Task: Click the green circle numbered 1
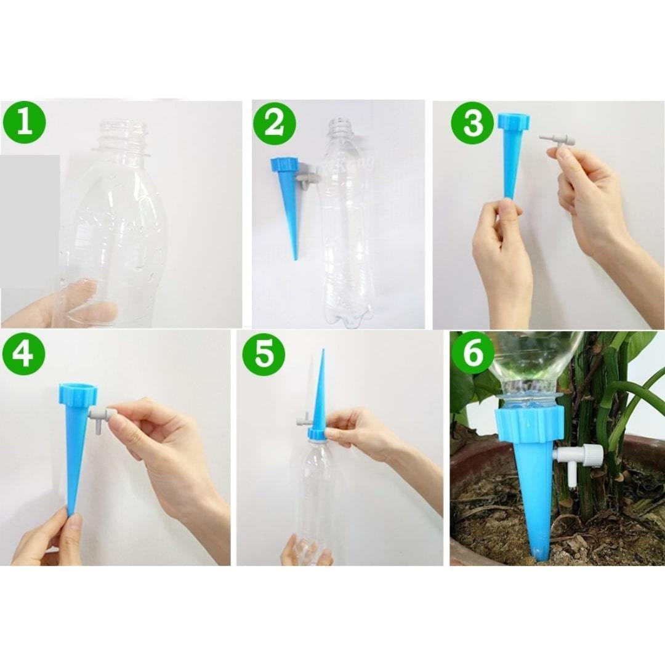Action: click(24, 123)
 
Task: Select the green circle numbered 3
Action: click(472, 124)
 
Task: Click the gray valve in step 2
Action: click(304, 179)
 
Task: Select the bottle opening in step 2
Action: click(339, 122)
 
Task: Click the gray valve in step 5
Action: click(301, 424)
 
